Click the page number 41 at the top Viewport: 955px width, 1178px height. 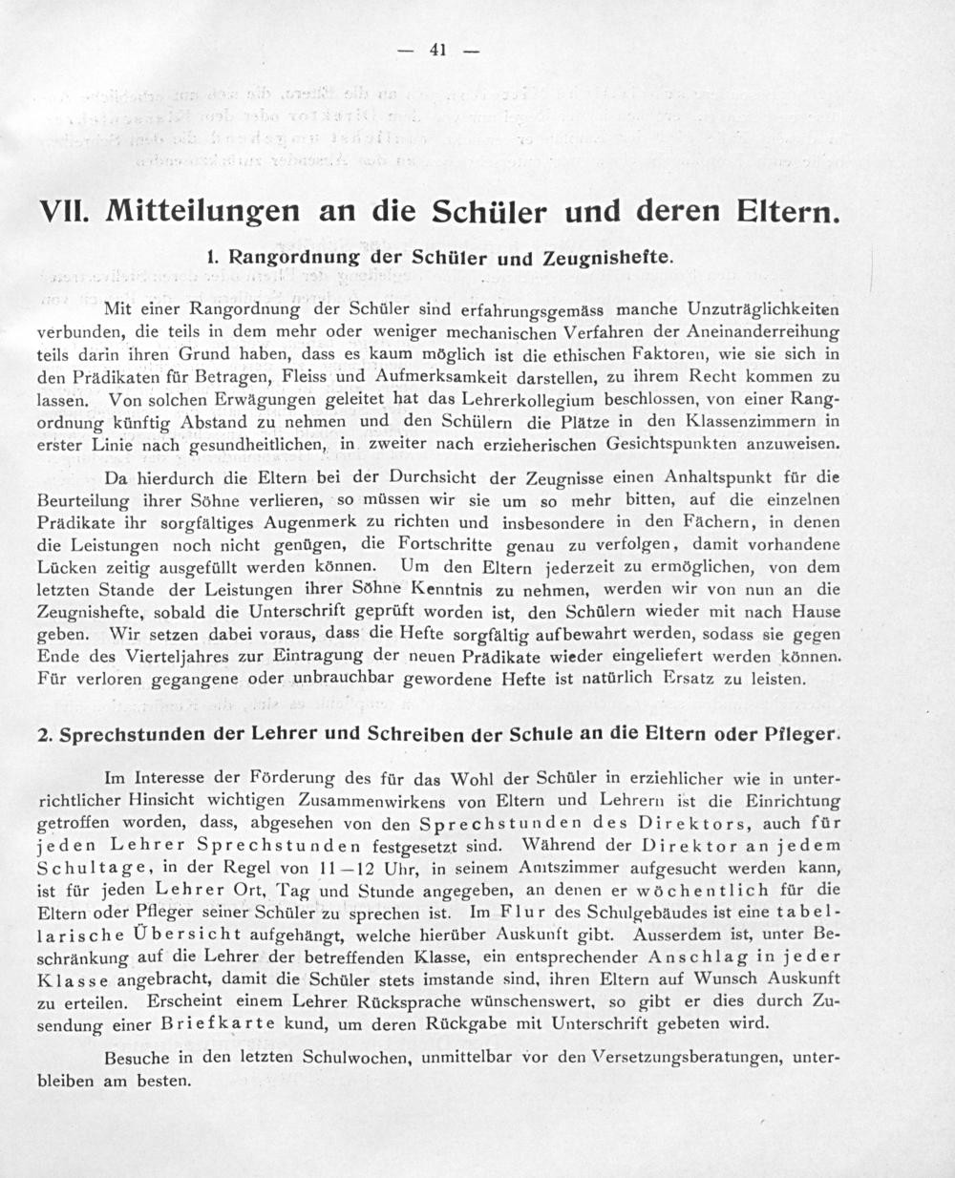point(438,51)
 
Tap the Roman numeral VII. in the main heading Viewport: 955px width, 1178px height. point(63,210)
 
